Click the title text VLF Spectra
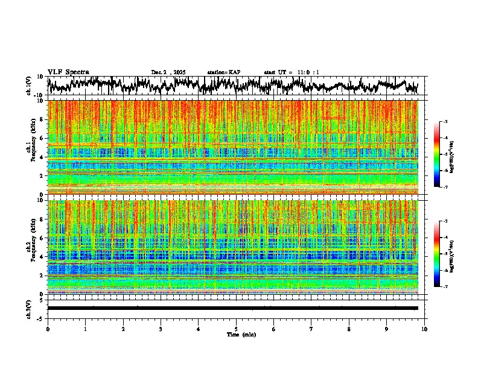tap(68, 72)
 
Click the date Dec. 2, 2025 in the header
tap(168, 72)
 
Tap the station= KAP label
tap(223, 72)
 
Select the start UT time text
tap(292, 72)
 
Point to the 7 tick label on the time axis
tap(311, 329)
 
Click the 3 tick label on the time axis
tap(161, 329)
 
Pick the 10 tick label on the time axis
tap(424, 329)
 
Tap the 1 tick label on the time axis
tap(85, 329)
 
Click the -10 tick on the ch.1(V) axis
tap(39, 95)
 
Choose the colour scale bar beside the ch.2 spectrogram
tap(444, 254)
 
